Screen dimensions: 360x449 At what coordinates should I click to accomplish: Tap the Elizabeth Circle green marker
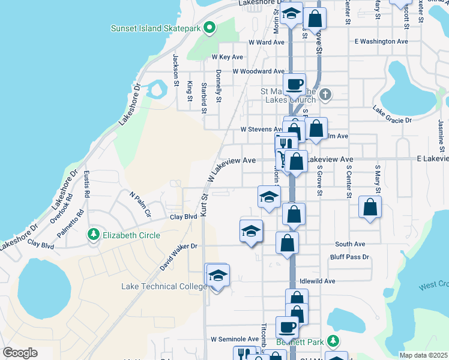point(93,235)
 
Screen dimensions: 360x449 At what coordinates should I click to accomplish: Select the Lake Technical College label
point(164,287)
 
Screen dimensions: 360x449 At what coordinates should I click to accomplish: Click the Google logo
point(20,353)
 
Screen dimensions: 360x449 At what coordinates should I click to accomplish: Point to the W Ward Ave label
point(266,43)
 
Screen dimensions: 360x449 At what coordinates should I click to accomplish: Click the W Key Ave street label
point(227,57)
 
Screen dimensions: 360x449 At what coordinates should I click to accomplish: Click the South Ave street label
point(350,244)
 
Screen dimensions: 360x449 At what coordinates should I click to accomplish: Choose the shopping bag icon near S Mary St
point(370,207)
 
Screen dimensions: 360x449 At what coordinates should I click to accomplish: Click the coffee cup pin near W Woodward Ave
point(294,84)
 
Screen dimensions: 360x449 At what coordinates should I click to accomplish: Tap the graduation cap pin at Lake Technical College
point(218,275)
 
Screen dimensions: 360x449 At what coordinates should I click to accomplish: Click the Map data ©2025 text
point(424,355)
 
